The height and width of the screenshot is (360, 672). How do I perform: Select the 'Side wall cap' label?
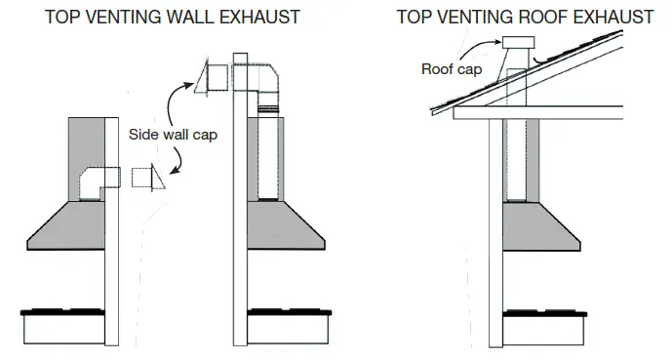pyautogui.click(x=174, y=136)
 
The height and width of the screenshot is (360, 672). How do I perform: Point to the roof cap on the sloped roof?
pyautogui.click(x=518, y=46)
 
